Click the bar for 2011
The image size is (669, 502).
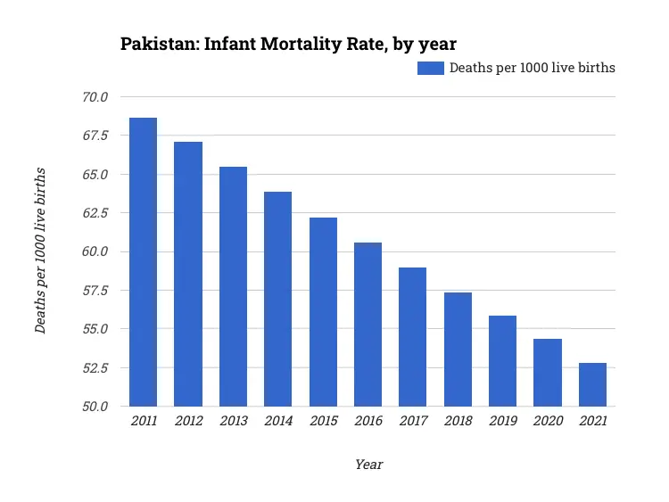click(x=143, y=262)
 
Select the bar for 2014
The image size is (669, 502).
click(x=277, y=299)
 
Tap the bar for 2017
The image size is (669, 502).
click(x=412, y=337)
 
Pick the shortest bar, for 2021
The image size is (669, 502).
click(x=592, y=384)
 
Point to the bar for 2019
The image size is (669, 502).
click(x=502, y=361)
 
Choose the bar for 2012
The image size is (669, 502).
click(x=188, y=274)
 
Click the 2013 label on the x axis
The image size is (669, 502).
click(x=233, y=422)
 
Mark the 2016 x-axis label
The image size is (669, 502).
click(x=368, y=422)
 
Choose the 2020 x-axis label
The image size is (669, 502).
click(x=548, y=422)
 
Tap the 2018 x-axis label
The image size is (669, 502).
click(x=458, y=422)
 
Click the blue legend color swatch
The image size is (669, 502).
click(x=430, y=68)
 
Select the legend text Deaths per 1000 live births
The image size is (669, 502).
click(x=532, y=68)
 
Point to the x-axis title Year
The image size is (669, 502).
click(x=368, y=465)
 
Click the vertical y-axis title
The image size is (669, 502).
click(x=41, y=251)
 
